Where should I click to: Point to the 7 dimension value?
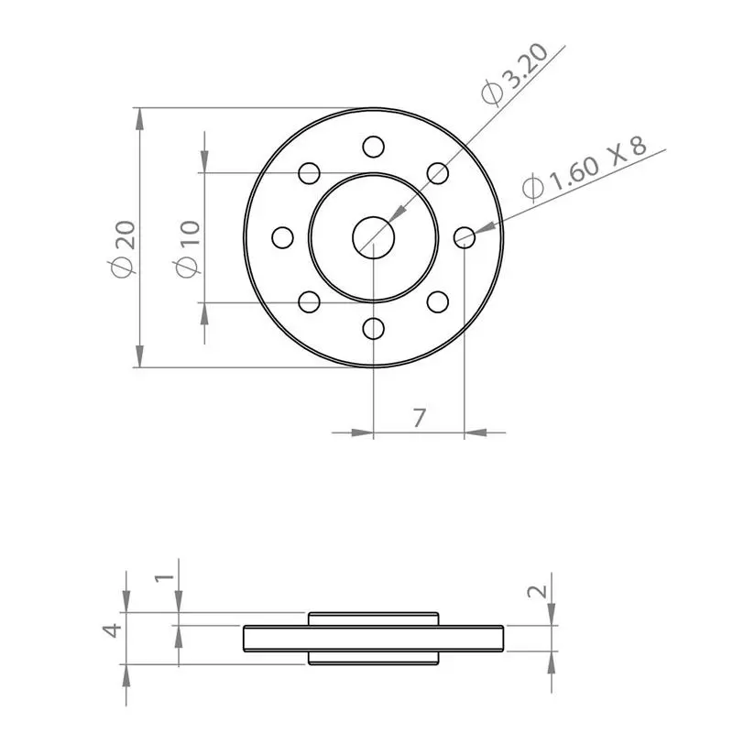point(419,418)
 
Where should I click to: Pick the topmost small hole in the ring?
point(373,147)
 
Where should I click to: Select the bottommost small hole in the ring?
point(373,328)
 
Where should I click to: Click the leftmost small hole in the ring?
point(283,237)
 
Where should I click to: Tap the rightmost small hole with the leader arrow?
point(465,237)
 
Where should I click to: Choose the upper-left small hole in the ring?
point(310,173)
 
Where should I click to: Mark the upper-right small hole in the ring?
point(438,173)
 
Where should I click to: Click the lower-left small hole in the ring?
point(310,301)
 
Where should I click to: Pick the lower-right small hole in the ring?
point(438,301)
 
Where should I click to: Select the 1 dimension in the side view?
point(163,577)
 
